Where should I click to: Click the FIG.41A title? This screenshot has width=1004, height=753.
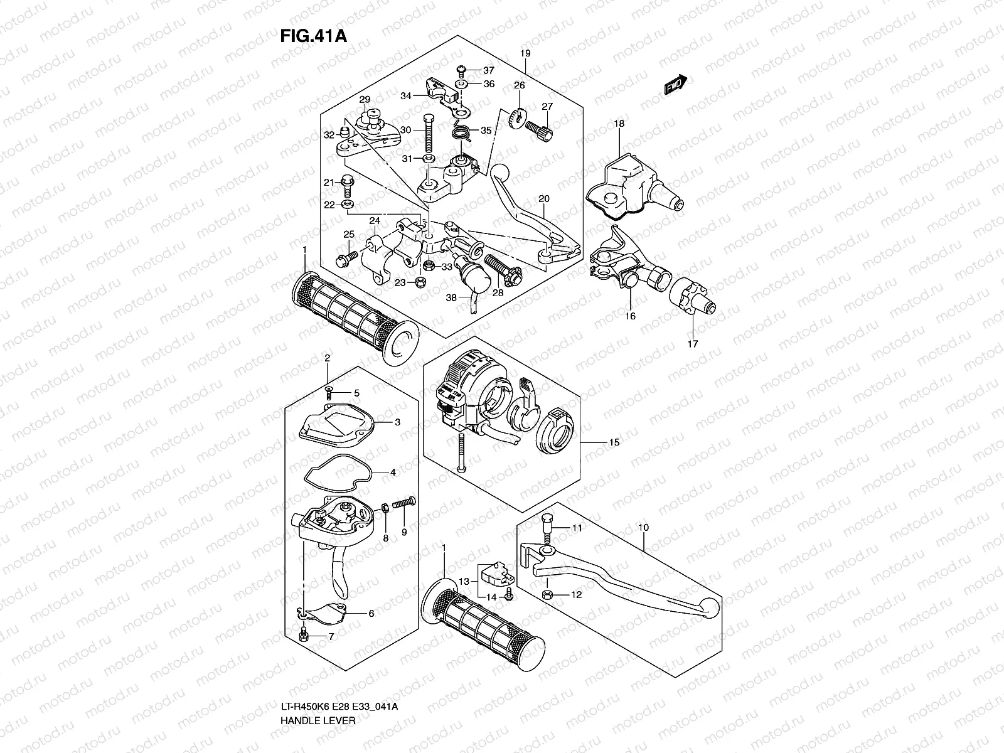[313, 35]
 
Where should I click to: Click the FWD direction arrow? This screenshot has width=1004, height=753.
[676, 85]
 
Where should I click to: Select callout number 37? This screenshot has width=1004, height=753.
[488, 70]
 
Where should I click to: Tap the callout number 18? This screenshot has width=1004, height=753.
[619, 124]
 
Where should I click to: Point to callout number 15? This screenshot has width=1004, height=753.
[614, 442]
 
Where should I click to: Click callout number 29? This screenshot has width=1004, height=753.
[365, 100]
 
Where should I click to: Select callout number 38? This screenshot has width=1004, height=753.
[451, 298]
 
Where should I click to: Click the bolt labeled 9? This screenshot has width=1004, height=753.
[404, 503]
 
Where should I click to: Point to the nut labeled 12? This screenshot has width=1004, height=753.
[547, 594]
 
